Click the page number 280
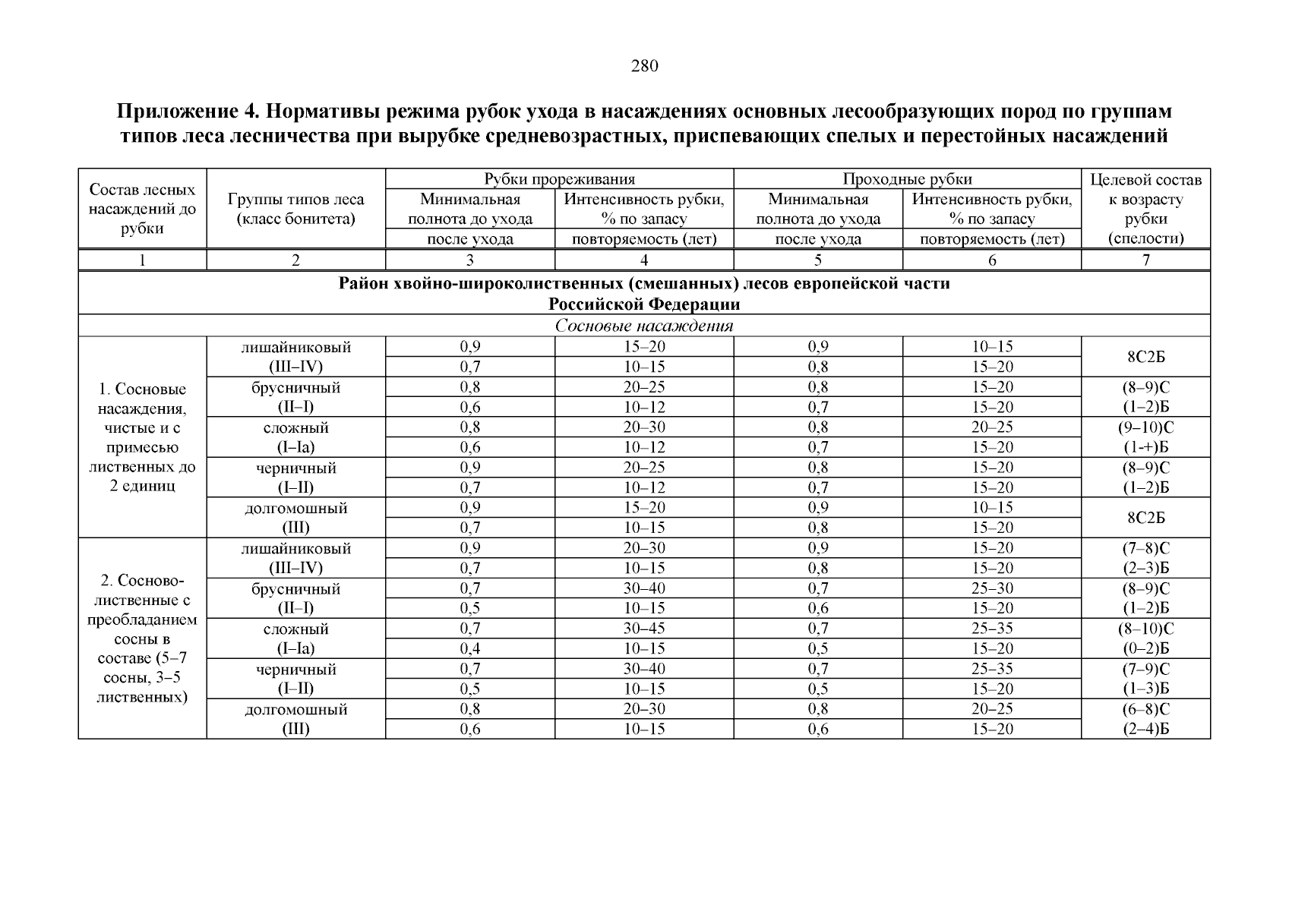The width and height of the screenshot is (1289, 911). pyautogui.click(x=644, y=66)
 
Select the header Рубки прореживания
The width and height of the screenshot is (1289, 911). pyautogui.click(x=560, y=179)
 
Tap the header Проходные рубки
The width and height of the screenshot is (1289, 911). pyautogui.click(x=907, y=179)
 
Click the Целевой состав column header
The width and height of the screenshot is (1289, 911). pyautogui.click(x=1145, y=180)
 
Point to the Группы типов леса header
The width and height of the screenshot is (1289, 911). pyautogui.click(x=295, y=200)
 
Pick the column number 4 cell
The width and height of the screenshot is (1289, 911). pyautogui.click(x=643, y=260)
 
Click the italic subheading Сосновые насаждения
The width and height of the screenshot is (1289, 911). pyautogui.click(x=643, y=326)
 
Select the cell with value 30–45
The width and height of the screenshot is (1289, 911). pyautogui.click(x=643, y=629)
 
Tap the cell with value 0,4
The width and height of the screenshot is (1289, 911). pyautogui.click(x=470, y=648)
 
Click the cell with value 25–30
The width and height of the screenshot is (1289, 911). pyautogui.click(x=992, y=588)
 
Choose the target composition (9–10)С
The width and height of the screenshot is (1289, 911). pyautogui.click(x=1145, y=427)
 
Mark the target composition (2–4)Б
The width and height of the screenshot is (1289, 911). pyautogui.click(x=1145, y=730)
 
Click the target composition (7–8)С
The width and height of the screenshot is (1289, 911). pyautogui.click(x=1145, y=548)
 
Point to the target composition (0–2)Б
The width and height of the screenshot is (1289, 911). pyautogui.click(x=1145, y=648)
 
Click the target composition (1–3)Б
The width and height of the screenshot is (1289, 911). pyautogui.click(x=1145, y=689)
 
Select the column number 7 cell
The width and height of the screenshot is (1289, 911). pyautogui.click(x=1145, y=260)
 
